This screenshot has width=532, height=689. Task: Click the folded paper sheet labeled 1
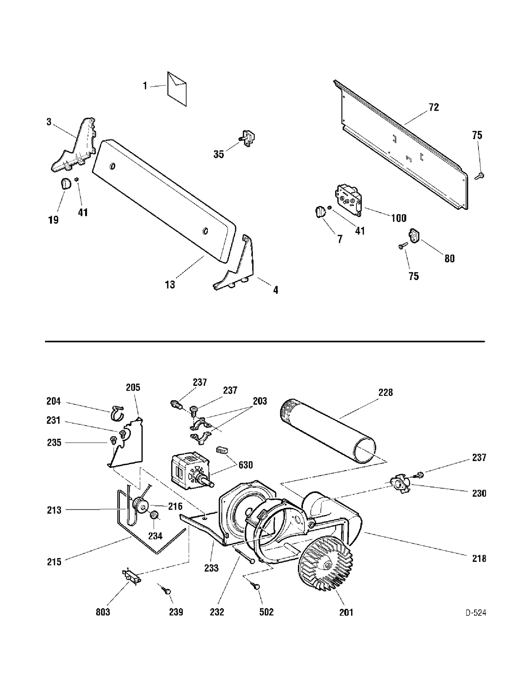[177, 89]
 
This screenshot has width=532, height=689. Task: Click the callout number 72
[433, 108]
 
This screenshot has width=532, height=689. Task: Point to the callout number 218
[479, 559]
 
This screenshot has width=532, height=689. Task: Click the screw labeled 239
[165, 590]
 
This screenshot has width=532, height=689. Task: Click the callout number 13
[170, 284]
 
